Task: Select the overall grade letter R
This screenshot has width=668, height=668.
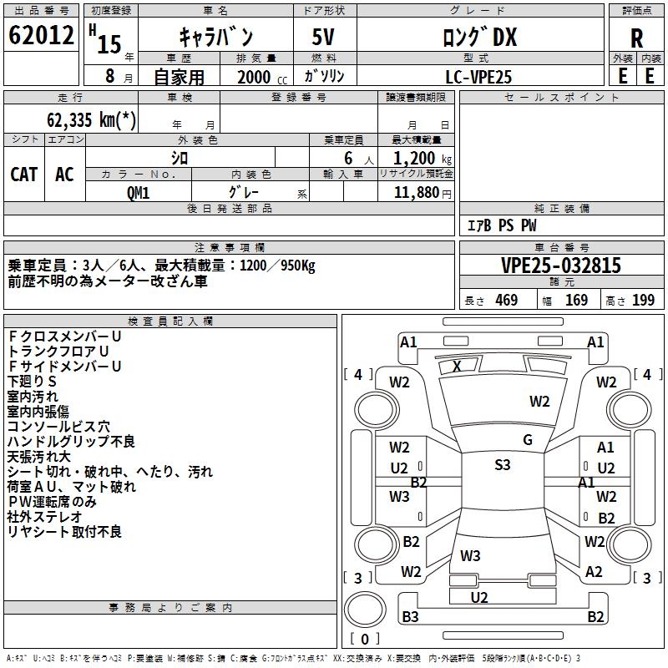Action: pyautogui.click(x=636, y=38)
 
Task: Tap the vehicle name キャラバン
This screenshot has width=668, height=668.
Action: pyautogui.click(x=216, y=37)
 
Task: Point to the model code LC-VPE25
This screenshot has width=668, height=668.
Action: pyautogui.click(x=478, y=76)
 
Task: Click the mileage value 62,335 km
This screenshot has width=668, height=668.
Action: pyautogui.click(x=93, y=119)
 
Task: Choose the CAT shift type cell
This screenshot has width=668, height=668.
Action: pyautogui.click(x=23, y=174)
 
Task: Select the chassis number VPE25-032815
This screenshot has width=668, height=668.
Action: pyautogui.click(x=561, y=266)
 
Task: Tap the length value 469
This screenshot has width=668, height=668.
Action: pyautogui.click(x=506, y=301)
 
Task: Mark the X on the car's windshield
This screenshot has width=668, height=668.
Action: pyautogui.click(x=457, y=366)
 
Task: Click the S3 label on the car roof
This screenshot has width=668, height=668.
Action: pyautogui.click(x=502, y=465)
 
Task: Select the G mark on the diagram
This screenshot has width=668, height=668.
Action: pyautogui.click(x=527, y=440)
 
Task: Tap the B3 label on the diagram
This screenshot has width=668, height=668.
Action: pyautogui.click(x=410, y=617)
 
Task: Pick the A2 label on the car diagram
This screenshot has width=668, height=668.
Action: pyautogui.click(x=594, y=572)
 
